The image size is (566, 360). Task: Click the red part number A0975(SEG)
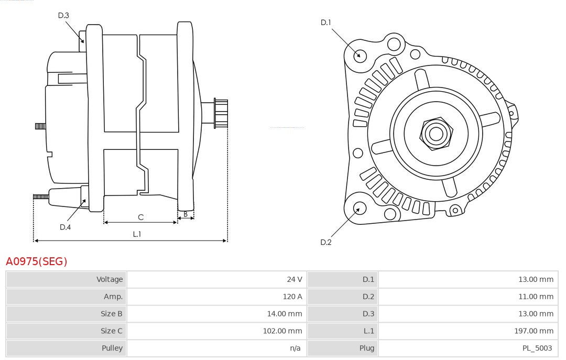coord(36,261)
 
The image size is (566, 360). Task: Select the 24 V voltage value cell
coord(294,279)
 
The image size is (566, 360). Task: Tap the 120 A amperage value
coord(292,297)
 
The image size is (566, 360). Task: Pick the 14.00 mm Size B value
coord(285,313)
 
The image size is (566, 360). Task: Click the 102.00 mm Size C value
coord(282,331)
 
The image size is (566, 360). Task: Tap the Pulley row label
coord(112,348)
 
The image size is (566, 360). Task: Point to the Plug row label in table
coord(367,348)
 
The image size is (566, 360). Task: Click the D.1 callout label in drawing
coord(326,23)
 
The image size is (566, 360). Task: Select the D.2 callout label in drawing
coord(326,242)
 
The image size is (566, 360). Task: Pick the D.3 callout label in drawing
coord(63,15)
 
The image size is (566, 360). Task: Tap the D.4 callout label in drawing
coord(65,227)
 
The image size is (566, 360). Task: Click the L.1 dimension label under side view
coord(137,234)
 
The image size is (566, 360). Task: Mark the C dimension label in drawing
coord(140,217)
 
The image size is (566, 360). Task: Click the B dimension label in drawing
coord(186,214)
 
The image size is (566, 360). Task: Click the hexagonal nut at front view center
coord(436,134)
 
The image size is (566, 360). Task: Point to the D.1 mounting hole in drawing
coord(360,55)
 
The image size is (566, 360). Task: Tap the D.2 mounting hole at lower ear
coord(359,209)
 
